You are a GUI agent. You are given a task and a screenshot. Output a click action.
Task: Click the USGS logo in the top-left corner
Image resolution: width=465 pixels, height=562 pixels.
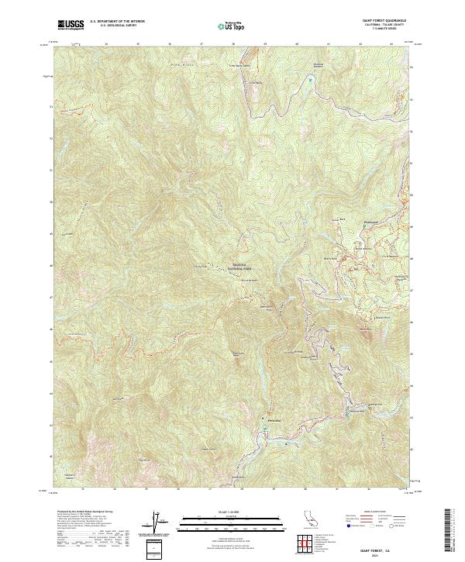click(x=72, y=25)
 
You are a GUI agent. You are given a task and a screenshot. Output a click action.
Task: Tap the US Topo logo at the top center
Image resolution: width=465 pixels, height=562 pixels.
click(x=232, y=26)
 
